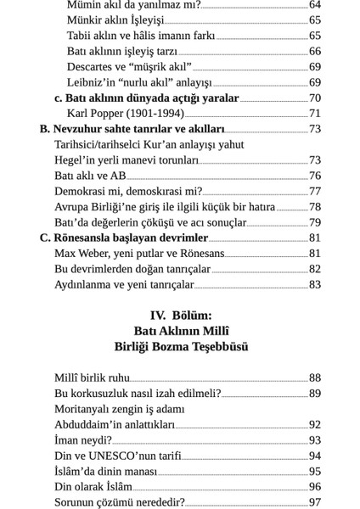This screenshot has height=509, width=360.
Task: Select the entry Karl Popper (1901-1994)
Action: point(125,114)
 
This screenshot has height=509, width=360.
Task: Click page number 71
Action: point(315,114)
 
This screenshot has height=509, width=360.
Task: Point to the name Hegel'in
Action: point(76,160)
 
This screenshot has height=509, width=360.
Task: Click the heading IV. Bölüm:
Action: point(181,315)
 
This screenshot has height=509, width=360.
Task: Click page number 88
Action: point(315,378)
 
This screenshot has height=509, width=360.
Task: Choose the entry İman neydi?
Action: point(83,441)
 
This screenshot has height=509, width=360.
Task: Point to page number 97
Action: point(315,503)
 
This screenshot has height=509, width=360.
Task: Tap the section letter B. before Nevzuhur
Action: point(45,129)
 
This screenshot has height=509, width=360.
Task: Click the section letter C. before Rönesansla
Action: point(45,238)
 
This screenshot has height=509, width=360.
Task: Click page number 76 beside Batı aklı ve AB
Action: point(315,176)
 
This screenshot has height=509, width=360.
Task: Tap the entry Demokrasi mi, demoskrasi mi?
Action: point(128,192)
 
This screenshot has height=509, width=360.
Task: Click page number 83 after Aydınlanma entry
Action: point(315,285)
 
